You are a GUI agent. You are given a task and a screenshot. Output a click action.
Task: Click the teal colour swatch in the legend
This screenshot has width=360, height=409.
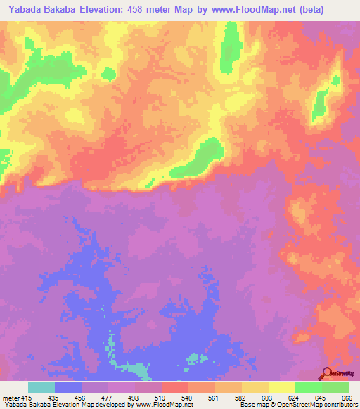[x=41, y=387]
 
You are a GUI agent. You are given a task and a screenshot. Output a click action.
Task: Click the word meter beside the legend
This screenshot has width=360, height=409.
[x=12, y=397]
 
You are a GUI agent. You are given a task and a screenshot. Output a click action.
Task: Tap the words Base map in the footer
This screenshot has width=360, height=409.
[x=252, y=405]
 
